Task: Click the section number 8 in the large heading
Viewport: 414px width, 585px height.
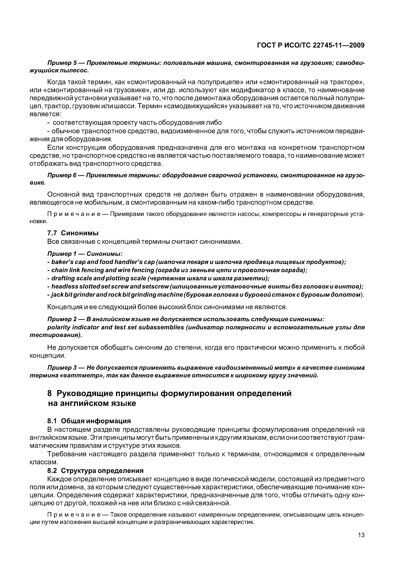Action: point(50,394)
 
